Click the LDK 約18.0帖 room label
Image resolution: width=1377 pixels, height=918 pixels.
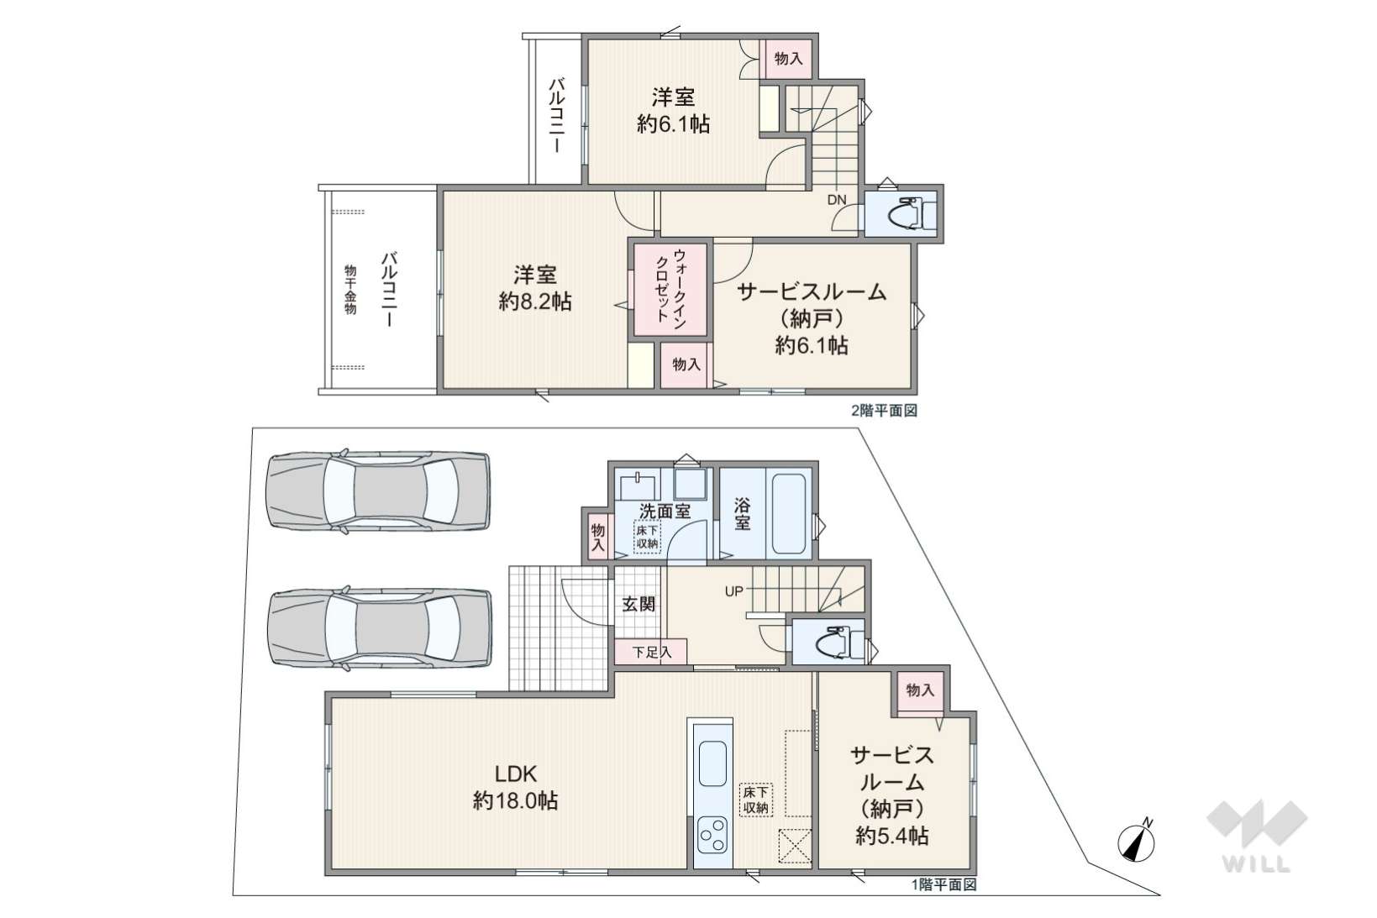coord(515,787)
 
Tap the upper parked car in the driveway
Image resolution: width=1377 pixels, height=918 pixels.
coord(377,491)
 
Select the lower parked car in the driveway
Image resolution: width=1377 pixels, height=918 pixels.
coord(379,628)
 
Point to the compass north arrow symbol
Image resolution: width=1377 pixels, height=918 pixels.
coord(1137,842)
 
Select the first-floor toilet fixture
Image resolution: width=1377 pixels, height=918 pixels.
coord(835,643)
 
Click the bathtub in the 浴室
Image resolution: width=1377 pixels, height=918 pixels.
coord(788,513)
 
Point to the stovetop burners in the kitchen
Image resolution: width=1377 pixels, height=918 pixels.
coord(713,835)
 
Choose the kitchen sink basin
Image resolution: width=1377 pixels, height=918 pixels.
coord(713,763)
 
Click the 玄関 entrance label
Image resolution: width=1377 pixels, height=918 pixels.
coord(639,603)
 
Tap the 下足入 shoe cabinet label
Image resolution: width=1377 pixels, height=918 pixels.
coord(652,651)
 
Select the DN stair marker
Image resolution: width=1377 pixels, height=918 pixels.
coord(837,200)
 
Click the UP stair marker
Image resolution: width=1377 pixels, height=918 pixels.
coord(734,591)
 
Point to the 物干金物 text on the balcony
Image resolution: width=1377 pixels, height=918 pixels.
coord(350,290)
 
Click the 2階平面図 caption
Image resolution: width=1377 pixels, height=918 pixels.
coord(884,411)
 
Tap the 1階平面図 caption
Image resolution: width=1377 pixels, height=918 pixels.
coord(943,884)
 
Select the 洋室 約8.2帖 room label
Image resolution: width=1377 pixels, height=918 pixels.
coord(535,287)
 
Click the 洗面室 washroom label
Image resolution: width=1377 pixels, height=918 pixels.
coord(665,511)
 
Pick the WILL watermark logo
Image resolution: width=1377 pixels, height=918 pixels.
coord(1257,836)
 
